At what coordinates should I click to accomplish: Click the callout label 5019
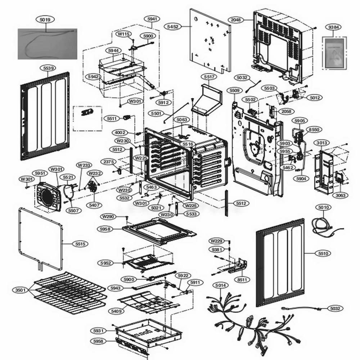point(45,20)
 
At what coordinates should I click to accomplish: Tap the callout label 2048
point(236,20)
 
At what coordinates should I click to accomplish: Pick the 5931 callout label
point(98,331)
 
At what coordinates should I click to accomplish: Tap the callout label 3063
point(340,195)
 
